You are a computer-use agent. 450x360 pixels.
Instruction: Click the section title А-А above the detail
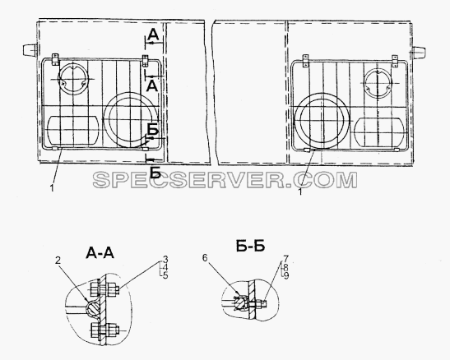[100, 253]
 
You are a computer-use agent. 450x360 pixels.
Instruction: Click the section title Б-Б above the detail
[250, 246]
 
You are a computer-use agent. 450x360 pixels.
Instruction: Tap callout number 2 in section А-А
[58, 261]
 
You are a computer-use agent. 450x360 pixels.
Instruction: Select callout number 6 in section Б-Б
[205, 258]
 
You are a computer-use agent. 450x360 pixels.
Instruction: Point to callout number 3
[165, 260]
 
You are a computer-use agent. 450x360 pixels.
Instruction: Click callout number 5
[165, 275]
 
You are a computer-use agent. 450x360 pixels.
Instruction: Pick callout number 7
[285, 258]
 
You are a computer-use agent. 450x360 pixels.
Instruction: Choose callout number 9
[285, 276]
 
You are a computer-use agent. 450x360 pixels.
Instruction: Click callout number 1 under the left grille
[52, 188]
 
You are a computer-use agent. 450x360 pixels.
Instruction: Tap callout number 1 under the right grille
[300, 192]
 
